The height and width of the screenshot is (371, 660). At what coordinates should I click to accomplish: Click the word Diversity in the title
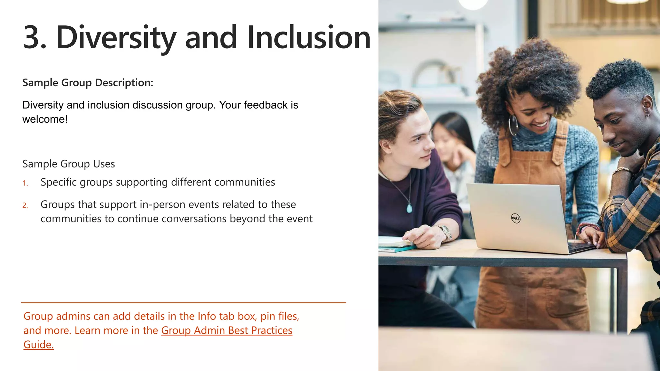(116, 38)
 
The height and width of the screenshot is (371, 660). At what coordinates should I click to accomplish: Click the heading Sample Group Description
(88, 83)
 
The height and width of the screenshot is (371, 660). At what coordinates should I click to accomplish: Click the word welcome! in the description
(45, 119)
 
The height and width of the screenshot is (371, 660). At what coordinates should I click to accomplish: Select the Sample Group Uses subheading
(69, 164)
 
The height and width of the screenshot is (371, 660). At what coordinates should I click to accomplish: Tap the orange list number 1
(25, 183)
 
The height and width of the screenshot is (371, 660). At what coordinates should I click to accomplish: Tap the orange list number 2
(25, 205)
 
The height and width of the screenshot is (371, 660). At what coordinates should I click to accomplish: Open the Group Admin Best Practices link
(227, 330)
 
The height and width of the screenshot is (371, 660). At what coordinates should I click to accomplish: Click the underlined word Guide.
(38, 345)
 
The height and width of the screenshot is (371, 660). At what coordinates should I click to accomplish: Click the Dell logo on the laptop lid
(516, 219)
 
